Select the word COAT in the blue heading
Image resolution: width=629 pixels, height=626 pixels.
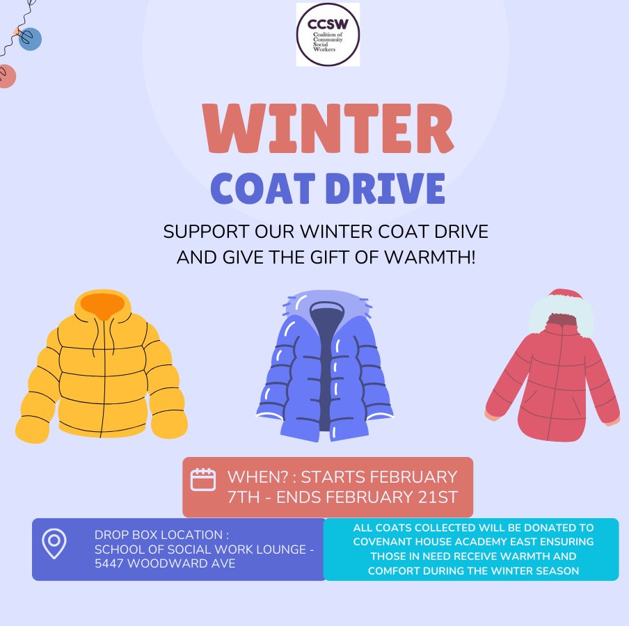pos(260,188)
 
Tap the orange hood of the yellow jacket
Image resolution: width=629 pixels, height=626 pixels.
pos(102,305)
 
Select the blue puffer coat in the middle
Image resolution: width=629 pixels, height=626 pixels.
pos(326,369)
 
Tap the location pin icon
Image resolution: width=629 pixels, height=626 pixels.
pos(54,543)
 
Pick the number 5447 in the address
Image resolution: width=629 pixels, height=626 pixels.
pos(112,563)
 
